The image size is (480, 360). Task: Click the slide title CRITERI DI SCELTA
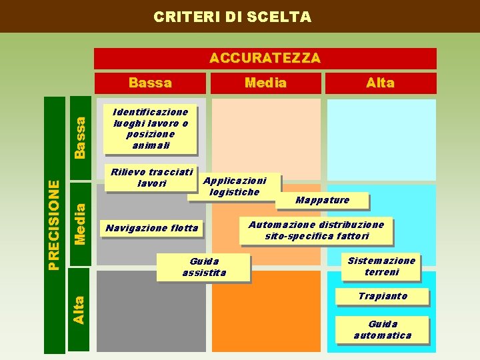pyautogui.click(x=232, y=17)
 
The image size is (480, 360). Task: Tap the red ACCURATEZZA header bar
pyautogui.click(x=265, y=58)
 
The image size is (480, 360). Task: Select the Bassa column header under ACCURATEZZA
pyautogui.click(x=150, y=83)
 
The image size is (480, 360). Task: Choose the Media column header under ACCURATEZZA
pyautogui.click(x=265, y=83)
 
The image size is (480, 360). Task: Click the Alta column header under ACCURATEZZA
pyautogui.click(x=380, y=83)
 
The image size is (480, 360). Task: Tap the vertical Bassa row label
pyautogui.click(x=80, y=137)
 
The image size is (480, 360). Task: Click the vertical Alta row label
pyautogui.click(x=80, y=310)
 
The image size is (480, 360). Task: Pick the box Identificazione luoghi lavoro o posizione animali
pyautogui.click(x=151, y=127)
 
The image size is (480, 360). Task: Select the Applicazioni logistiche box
pyautogui.click(x=234, y=186)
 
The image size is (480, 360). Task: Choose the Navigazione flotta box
pyautogui.click(x=151, y=229)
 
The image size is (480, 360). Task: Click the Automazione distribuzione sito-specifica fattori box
pyautogui.click(x=316, y=230)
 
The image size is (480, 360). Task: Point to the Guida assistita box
pyautogui.click(x=204, y=267)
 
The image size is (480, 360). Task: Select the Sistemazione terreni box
pyautogui.click(x=381, y=266)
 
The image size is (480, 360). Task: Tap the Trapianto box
pyautogui.click(x=382, y=296)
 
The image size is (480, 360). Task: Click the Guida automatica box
pyautogui.click(x=382, y=329)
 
